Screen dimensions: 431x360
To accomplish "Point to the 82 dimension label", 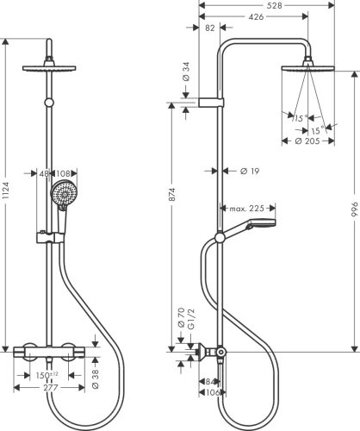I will (212, 28).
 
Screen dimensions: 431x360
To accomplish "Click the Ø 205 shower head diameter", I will (305, 142).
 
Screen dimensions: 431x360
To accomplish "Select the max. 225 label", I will (246, 209).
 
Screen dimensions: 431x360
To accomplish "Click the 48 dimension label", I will (45, 172).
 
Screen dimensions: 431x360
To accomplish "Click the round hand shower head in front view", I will (62, 196).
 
